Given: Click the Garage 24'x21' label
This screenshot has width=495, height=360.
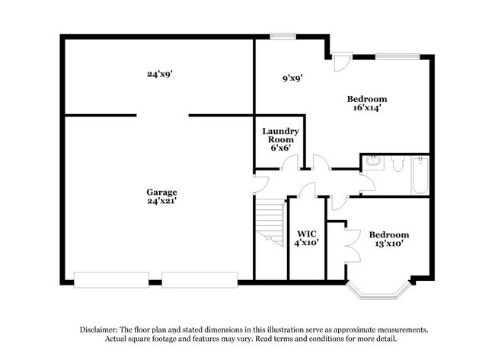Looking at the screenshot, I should coord(162,197).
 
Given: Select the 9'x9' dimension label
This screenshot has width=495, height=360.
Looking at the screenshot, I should coord(293,78).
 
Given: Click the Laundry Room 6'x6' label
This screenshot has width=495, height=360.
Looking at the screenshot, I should coord(280,139).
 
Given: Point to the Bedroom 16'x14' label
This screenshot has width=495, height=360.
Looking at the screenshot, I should coord(367,104).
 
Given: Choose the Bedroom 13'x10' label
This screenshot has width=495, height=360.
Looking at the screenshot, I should coord(388,239).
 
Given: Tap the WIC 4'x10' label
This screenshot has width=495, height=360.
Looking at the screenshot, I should coord(307,237).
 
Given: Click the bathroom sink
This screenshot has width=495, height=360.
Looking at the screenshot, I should coord(374,162).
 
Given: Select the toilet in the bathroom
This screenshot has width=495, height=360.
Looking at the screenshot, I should coord(397,163).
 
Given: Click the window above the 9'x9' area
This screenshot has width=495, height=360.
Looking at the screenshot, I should coord(283,35).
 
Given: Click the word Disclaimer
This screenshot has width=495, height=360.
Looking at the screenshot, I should coord(104,330).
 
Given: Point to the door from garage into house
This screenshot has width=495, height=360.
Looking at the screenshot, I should coord(260,183).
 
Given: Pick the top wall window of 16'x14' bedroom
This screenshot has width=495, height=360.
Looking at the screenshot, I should coord(397,55).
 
